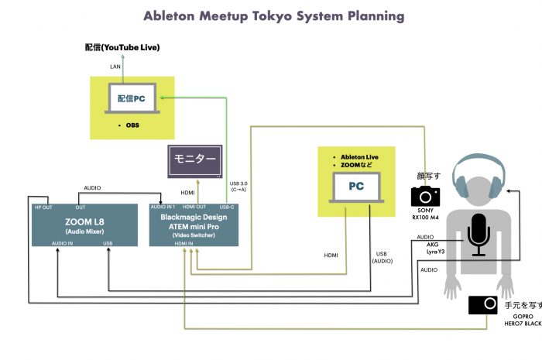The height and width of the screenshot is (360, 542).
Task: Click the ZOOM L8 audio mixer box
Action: tap(84, 225)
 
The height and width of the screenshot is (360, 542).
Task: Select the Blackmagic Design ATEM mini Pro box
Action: tap(194, 225)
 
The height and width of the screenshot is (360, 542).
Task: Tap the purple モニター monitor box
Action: tap(195, 161)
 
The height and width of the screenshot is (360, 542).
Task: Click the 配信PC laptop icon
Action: tap(132, 98)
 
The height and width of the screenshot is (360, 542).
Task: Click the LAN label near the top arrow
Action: tap(115, 67)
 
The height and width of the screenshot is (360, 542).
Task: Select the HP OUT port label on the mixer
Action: tap(43, 207)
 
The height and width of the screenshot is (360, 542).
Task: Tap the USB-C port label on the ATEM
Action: tap(227, 207)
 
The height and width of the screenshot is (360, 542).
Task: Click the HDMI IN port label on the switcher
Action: tap(184, 244)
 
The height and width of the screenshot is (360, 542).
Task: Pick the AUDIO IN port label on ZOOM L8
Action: tap(62, 243)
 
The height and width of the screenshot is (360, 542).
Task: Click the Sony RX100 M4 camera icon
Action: tap(425, 196)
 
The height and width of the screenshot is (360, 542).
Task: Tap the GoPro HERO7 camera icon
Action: tap(483, 305)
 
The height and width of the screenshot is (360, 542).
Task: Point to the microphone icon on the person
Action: tap(479, 235)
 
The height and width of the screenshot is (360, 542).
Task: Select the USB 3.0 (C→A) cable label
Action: tap(238, 187)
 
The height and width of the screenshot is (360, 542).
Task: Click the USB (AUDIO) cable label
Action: tap(382, 257)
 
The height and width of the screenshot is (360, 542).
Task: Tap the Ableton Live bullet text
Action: tap(359, 157)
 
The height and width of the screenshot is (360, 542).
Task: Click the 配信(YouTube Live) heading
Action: tap(122, 47)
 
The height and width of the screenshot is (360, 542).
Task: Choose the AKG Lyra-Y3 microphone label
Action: tap(435, 248)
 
